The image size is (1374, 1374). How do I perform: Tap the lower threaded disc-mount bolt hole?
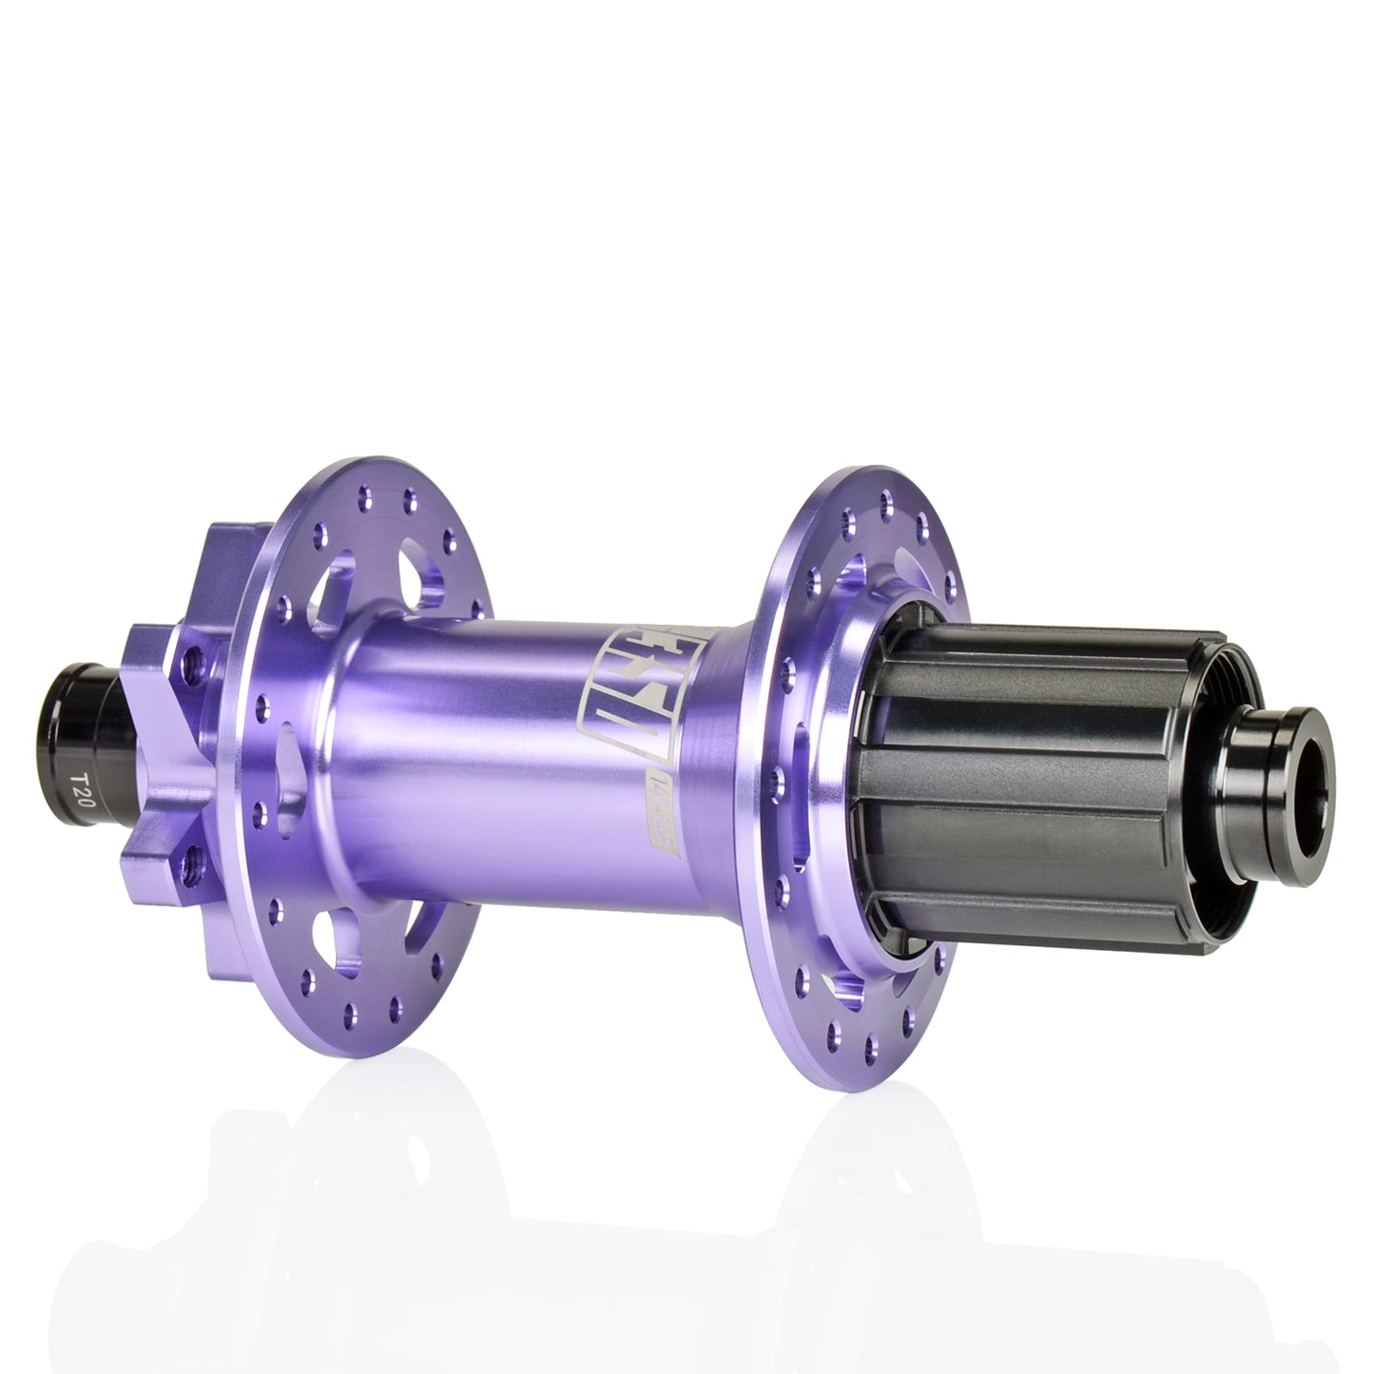(x=194, y=861)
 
